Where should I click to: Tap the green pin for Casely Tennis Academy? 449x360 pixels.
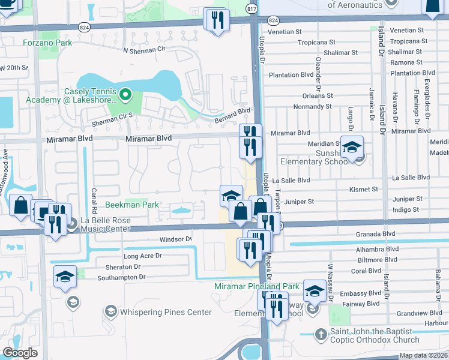(x=125, y=94)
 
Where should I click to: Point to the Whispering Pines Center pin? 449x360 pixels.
(x=110, y=311)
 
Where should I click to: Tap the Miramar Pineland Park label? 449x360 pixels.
(x=257, y=287)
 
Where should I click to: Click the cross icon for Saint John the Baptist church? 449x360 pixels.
(x=321, y=333)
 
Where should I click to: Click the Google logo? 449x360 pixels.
(x=20, y=353)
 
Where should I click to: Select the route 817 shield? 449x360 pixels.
(x=253, y=9)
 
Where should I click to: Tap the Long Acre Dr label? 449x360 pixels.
(x=142, y=256)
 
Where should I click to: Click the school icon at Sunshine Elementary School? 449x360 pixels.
(x=352, y=147)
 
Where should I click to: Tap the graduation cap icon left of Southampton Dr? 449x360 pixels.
(x=65, y=277)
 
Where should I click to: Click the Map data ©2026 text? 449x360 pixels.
(x=423, y=355)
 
